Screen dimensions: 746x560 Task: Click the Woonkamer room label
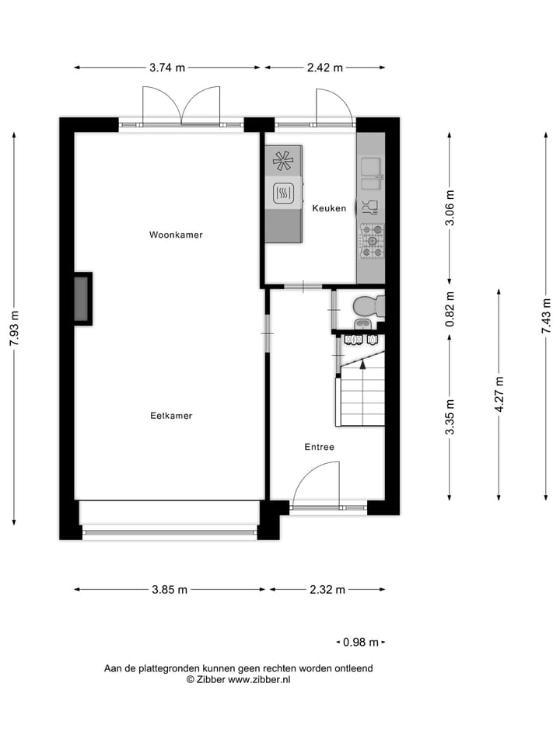176,234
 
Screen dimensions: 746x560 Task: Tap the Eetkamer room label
171,416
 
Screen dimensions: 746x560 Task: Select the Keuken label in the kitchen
329,208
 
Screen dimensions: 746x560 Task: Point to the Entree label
319,447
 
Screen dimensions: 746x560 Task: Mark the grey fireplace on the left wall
82,298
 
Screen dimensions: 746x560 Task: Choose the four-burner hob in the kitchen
371,241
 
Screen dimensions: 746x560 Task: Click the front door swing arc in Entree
319,482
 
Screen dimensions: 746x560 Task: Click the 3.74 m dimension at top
167,68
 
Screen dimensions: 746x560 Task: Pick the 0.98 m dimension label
361,642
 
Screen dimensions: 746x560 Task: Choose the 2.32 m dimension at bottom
327,590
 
